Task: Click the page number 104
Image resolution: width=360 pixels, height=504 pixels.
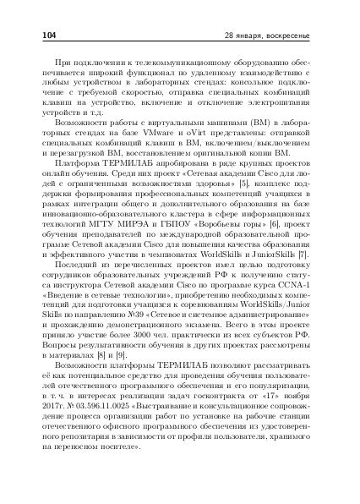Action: [48, 36]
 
